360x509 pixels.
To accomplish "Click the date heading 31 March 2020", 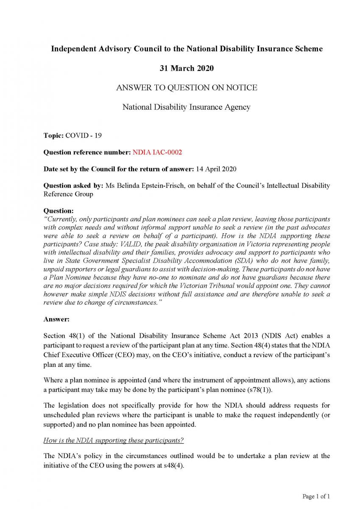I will coord(187,68).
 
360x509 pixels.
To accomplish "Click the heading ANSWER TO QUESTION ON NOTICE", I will coord(187,88).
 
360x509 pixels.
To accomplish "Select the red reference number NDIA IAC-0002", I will coord(157,152).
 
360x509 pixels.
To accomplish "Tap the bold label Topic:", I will coord(53,136).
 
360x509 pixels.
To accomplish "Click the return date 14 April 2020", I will coord(215,169).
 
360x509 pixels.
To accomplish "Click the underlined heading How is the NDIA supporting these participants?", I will coord(113,440).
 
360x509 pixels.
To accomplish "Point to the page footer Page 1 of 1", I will coord(316,496).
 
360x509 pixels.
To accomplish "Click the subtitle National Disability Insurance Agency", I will coord(187,107).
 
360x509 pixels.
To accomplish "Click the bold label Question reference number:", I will coord(87,152).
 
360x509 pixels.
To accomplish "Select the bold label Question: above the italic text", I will coord(59,211).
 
